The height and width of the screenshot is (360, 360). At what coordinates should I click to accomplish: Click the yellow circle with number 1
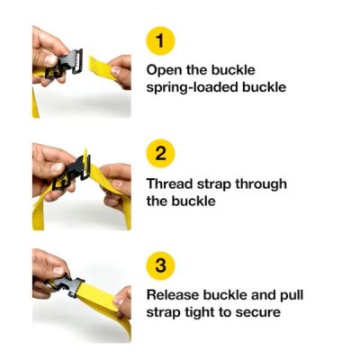(160, 41)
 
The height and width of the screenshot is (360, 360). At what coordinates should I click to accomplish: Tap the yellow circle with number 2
(160, 153)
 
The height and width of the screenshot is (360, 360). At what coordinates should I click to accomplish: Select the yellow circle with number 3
(160, 266)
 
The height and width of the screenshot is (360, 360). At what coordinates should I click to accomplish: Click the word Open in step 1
(164, 69)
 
